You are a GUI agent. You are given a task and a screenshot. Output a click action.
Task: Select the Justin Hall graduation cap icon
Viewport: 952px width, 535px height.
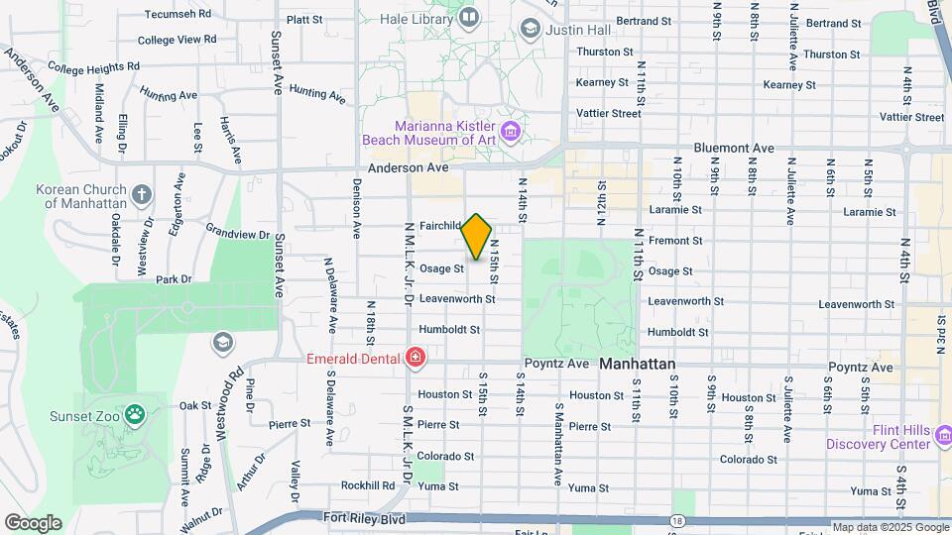click(531, 29)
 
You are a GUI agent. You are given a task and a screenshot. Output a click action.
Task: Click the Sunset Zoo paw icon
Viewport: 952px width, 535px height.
click(134, 414)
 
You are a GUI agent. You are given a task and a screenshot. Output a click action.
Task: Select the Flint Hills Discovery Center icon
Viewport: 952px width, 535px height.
click(942, 435)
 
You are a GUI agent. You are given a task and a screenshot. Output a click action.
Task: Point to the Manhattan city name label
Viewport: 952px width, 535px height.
click(637, 365)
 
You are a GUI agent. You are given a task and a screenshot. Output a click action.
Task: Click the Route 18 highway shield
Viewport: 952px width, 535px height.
click(675, 521)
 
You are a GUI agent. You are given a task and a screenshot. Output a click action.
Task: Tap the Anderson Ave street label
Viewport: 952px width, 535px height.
click(408, 168)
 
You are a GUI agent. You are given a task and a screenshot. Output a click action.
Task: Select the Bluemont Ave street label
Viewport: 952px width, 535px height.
click(734, 148)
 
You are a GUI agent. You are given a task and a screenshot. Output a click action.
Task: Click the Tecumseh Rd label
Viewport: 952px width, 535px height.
click(178, 15)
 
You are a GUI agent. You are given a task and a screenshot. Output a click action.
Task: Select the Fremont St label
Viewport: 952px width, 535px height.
click(675, 240)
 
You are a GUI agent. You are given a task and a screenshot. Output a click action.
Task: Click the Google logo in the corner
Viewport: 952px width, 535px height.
click(33, 522)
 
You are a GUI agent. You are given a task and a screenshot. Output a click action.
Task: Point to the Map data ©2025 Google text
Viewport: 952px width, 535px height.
click(891, 527)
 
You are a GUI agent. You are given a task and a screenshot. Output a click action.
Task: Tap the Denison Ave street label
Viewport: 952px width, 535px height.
click(356, 209)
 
